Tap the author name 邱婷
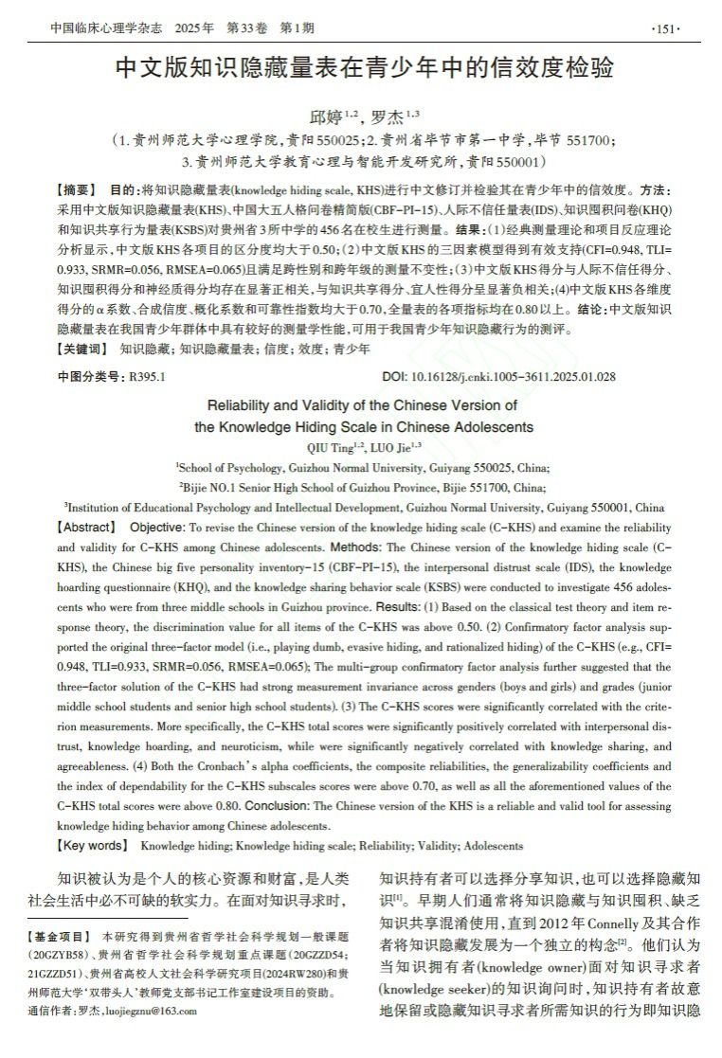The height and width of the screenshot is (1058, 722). click(x=325, y=117)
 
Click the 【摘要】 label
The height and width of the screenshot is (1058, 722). click(x=78, y=189)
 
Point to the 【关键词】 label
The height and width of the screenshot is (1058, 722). click(x=83, y=350)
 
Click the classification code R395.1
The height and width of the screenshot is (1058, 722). click(x=147, y=376)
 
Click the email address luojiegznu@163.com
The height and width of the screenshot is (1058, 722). click(x=151, y=1011)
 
